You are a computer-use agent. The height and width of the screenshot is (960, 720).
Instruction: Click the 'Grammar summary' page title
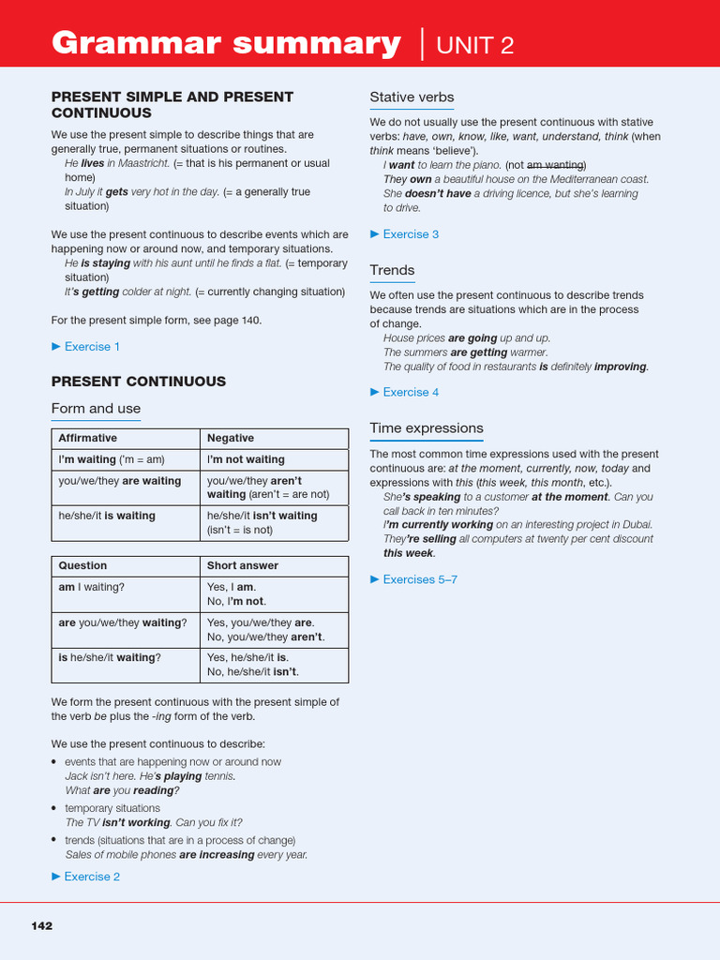(226, 43)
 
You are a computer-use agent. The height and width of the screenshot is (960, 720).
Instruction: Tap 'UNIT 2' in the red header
(475, 44)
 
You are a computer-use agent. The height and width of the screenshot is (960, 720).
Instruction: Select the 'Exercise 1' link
(91, 347)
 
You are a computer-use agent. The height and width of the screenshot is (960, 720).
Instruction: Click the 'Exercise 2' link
(91, 877)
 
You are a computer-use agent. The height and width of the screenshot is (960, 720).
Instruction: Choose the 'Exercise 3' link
(410, 234)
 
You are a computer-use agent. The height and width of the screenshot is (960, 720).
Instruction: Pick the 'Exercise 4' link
(410, 392)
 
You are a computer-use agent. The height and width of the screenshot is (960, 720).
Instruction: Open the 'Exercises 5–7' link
(419, 579)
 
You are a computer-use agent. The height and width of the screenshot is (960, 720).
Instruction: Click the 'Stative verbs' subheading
(412, 97)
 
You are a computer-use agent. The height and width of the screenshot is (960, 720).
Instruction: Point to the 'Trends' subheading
(392, 270)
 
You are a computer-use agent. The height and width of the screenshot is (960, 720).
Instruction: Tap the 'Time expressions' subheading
(427, 427)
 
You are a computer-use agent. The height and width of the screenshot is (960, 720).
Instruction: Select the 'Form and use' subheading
(96, 408)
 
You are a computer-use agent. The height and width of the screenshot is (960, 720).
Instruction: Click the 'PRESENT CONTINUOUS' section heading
(138, 382)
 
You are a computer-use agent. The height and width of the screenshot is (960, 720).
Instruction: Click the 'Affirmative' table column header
(88, 438)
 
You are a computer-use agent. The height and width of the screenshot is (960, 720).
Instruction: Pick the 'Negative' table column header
(231, 438)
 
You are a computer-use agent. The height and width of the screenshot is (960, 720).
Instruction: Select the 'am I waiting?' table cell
(91, 587)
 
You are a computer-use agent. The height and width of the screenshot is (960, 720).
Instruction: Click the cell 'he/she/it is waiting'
(107, 516)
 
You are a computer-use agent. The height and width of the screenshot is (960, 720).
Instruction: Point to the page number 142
(42, 925)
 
